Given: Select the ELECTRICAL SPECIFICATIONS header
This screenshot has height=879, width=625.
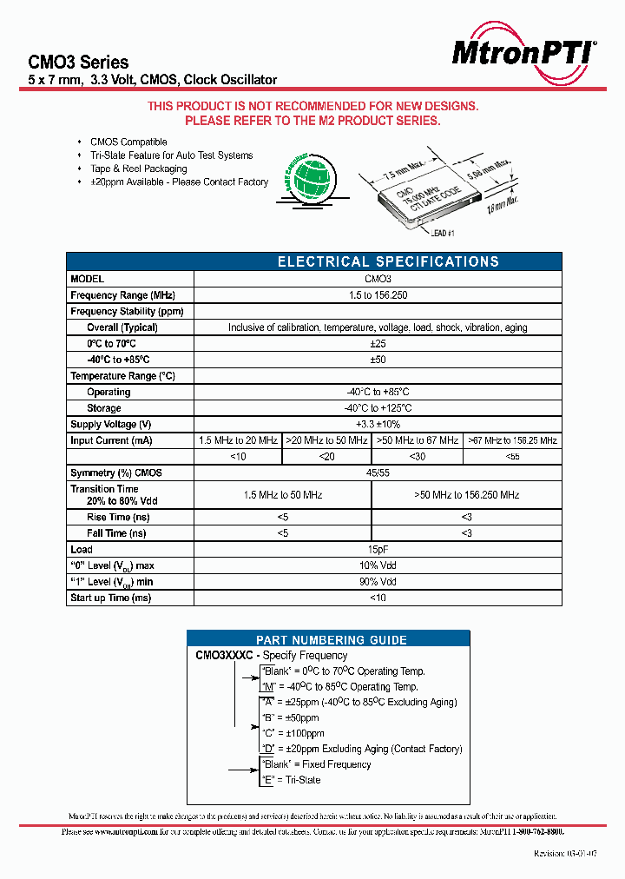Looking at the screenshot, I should (x=388, y=261).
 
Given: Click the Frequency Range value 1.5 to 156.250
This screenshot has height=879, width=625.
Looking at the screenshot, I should (x=378, y=295).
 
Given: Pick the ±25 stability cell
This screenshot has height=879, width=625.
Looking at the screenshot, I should (x=378, y=344).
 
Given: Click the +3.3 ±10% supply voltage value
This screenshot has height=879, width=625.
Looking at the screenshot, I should (x=378, y=425).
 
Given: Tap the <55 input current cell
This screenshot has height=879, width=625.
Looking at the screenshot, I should (x=513, y=456).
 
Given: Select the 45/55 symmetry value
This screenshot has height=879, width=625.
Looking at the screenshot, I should (x=378, y=473).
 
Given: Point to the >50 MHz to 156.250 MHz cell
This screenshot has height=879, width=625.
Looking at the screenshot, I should (x=467, y=495).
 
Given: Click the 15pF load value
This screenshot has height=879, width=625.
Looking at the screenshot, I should (x=378, y=550).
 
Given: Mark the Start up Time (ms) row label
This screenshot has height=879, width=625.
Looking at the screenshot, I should (x=111, y=598).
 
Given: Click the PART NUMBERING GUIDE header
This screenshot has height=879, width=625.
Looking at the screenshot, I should (x=331, y=640).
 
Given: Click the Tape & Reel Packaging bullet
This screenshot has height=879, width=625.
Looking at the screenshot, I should (x=139, y=169).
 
